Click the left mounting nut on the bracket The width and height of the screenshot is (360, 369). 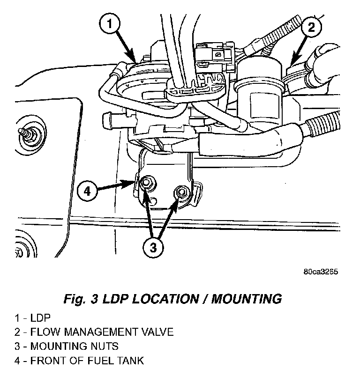146,182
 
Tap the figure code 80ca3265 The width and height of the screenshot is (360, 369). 321,272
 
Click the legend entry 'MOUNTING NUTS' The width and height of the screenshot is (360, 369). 74,347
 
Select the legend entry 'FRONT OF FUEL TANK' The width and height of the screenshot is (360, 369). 87,361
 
